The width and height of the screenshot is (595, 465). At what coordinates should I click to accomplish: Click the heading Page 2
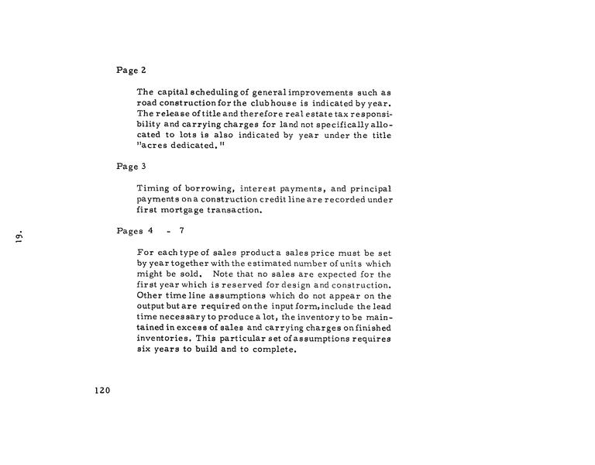click(131, 71)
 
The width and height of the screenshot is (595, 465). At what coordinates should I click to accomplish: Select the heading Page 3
click(131, 166)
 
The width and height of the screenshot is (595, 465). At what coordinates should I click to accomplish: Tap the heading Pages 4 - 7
click(150, 231)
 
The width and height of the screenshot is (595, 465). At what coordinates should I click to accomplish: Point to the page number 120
click(102, 390)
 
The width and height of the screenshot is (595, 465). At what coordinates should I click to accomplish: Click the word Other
click(150, 295)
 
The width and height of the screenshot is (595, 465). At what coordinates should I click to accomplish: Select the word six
click(144, 350)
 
